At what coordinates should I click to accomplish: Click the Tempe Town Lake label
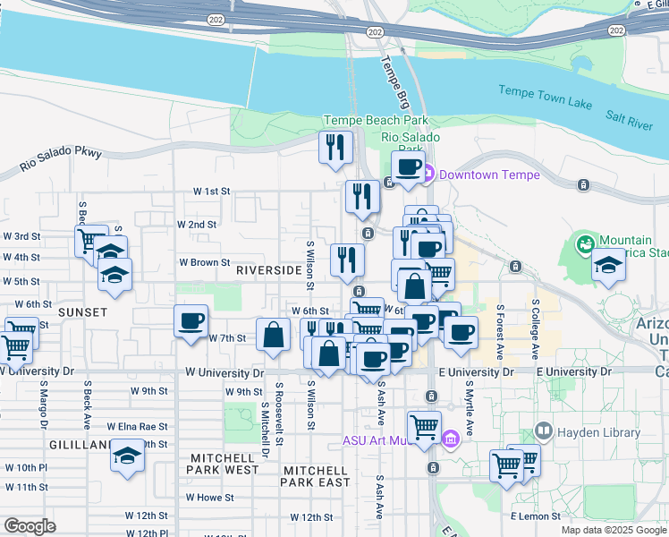(545, 91)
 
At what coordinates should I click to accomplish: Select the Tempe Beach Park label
(376, 121)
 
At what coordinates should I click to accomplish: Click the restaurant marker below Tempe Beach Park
(335, 147)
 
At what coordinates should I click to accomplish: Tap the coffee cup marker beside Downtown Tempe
(409, 166)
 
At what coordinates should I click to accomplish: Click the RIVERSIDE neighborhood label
(268, 269)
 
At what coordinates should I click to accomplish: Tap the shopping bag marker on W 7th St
(273, 335)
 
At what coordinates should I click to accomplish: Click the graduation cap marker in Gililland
(128, 456)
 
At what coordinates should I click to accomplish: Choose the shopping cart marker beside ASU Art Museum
(424, 426)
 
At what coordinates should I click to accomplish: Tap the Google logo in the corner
(30, 526)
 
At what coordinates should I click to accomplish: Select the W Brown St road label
(205, 263)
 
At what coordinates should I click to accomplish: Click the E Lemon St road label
(535, 516)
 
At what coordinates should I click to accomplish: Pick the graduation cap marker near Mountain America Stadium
(609, 265)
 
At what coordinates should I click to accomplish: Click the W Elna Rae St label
(137, 427)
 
